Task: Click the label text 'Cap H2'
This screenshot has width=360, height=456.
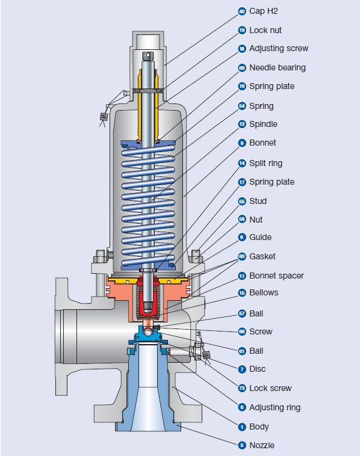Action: pyautogui.click(x=263, y=11)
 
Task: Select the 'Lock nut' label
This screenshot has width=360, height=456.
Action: pyautogui.click(x=265, y=30)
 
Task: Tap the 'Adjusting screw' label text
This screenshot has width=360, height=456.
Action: pyautogui.click(x=279, y=48)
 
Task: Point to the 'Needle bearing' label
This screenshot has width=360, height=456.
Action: pyautogui.click(x=278, y=67)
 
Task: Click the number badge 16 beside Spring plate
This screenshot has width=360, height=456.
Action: pyautogui.click(x=242, y=87)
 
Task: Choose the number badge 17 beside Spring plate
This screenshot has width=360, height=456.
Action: pyautogui.click(x=242, y=182)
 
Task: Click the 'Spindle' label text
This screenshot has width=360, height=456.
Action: pyautogui.click(x=263, y=124)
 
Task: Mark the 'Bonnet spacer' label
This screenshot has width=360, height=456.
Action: pyautogui.click(x=276, y=276)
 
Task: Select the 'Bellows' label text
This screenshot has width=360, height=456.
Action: pyautogui.click(x=264, y=292)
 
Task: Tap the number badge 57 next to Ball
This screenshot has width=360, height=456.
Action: pyautogui.click(x=242, y=313)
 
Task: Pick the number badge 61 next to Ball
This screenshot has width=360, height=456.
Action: pyautogui.click(x=242, y=351)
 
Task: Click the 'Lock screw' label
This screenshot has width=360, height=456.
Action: pyautogui.click(x=270, y=388)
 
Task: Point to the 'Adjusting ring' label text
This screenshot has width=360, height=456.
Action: pyautogui.click(x=275, y=407)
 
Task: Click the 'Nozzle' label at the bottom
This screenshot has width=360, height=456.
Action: pyautogui.click(x=262, y=445)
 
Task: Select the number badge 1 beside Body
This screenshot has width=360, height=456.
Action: pyautogui.click(x=242, y=427)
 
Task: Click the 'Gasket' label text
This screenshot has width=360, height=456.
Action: pyautogui.click(x=262, y=256)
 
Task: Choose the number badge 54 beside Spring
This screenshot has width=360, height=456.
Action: pyautogui.click(x=242, y=106)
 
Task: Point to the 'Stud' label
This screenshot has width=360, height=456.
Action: pyautogui.click(x=258, y=201)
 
